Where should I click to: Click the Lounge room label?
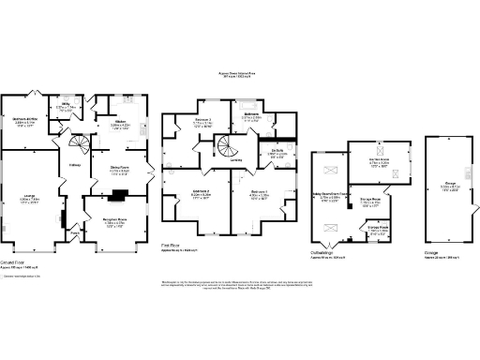pos(29,199)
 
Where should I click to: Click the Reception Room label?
pos(114,221)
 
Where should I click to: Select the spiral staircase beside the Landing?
pos(227,145)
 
